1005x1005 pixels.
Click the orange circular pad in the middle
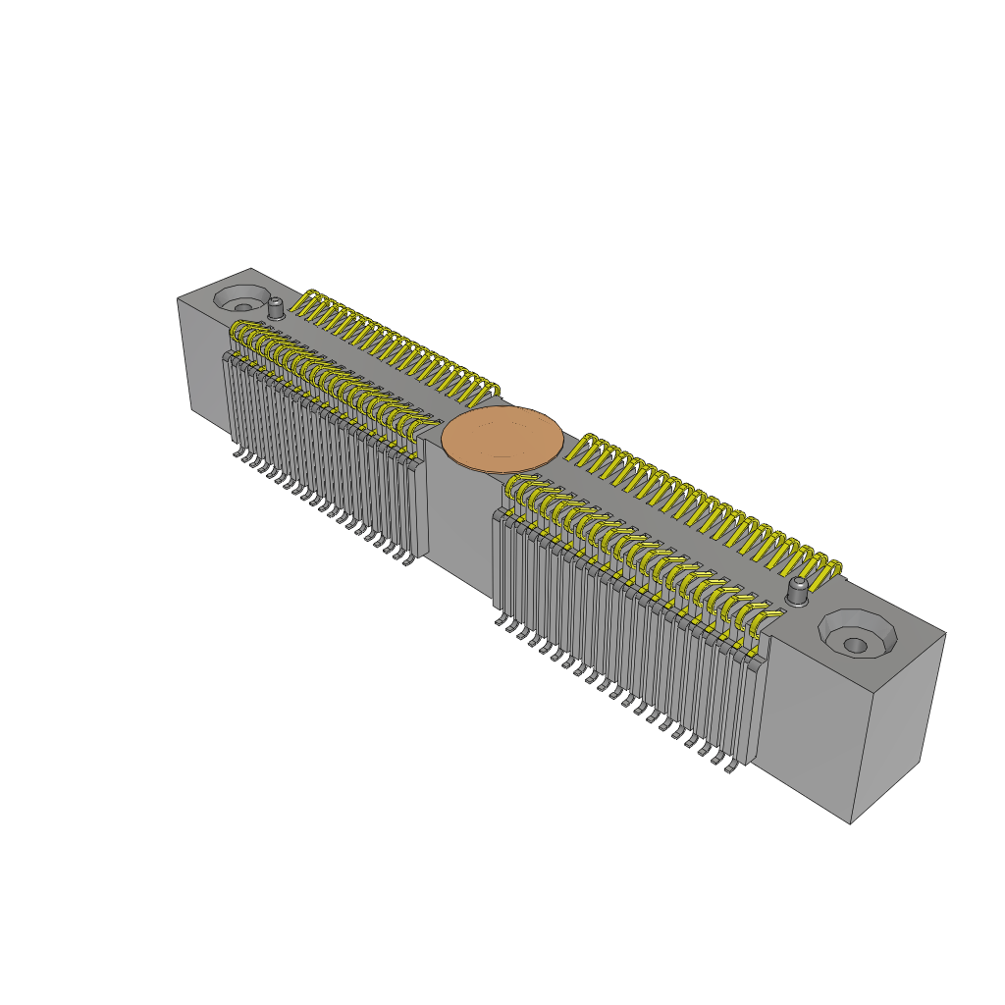click(502, 439)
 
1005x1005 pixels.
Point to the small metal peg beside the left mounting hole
click(277, 308)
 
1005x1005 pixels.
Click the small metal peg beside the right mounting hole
click(799, 591)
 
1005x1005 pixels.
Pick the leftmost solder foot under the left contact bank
click(238, 453)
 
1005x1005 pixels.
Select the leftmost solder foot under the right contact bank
click(502, 620)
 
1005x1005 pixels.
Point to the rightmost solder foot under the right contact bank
click(730, 770)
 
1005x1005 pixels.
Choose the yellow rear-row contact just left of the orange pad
click(487, 391)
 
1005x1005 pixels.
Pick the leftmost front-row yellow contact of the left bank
click(238, 337)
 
